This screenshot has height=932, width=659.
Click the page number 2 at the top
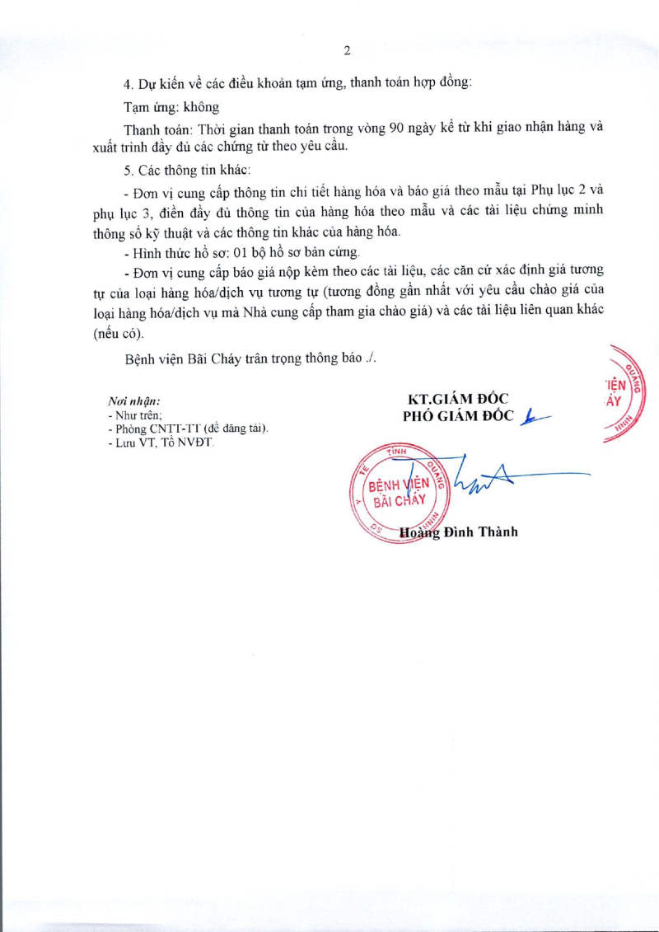pyautogui.click(x=347, y=50)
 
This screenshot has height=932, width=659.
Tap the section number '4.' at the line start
pyautogui.click(x=128, y=84)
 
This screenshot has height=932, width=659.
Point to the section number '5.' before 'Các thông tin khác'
pyautogui.click(x=128, y=170)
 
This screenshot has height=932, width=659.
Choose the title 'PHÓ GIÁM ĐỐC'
pyautogui.click(x=458, y=416)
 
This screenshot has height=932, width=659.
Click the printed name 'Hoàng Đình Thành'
pyautogui.click(x=458, y=532)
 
